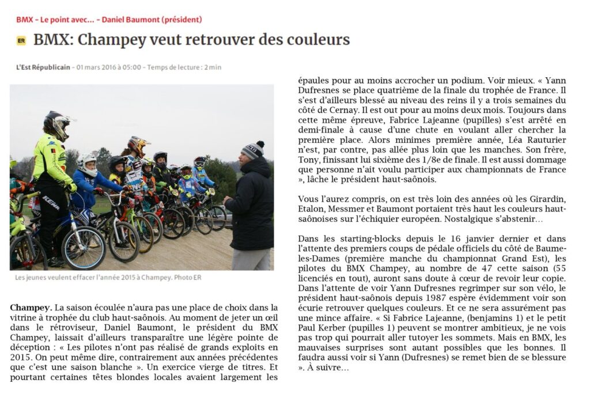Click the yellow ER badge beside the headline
(x=21, y=40)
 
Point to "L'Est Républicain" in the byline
(x=43, y=67)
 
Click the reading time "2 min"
(x=213, y=67)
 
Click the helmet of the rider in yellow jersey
(x=58, y=123)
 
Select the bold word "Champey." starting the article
(x=31, y=308)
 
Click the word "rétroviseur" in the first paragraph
(x=54, y=327)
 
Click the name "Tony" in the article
(x=309, y=160)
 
